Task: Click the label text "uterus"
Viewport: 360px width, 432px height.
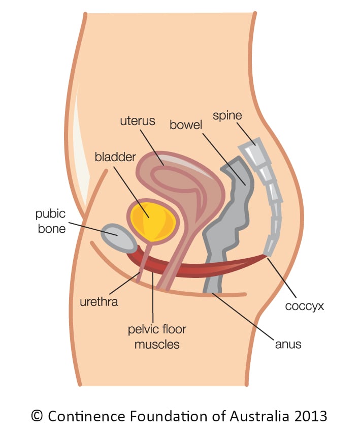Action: pos(138,122)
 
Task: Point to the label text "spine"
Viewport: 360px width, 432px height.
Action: pos(227,116)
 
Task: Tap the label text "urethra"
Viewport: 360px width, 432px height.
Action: pos(99,302)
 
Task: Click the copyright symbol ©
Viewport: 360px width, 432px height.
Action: pos(38,416)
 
